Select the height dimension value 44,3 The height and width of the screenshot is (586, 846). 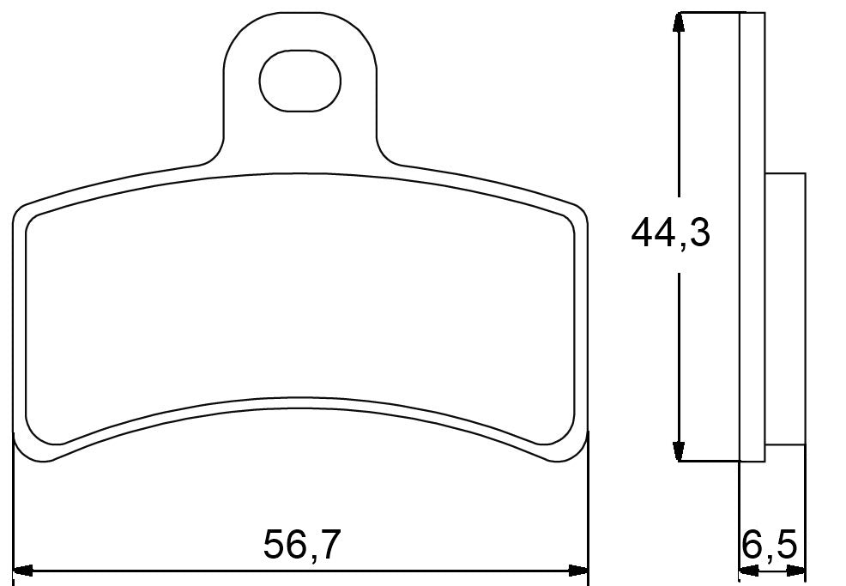[x=670, y=233]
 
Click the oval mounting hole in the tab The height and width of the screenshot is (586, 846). [x=299, y=80]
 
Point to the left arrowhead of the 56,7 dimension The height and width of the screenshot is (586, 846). [x=24, y=570]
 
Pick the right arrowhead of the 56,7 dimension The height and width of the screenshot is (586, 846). [x=581, y=570]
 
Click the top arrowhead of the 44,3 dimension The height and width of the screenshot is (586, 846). [x=680, y=21]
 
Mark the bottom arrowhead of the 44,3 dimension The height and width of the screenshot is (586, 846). [x=680, y=452]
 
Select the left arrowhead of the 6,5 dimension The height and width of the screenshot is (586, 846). [x=746, y=570]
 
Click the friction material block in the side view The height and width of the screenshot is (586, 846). [x=784, y=309]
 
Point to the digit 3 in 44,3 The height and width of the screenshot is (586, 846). [x=698, y=233]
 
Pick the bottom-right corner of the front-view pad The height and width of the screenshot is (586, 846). [x=578, y=455]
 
